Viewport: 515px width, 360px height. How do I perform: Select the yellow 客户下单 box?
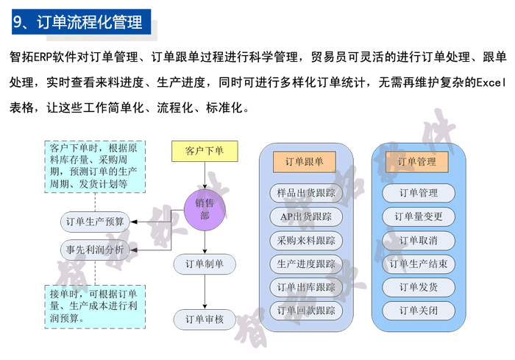205,151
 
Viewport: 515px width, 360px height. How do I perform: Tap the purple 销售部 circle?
205,209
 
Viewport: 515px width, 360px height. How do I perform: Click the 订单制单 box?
205,264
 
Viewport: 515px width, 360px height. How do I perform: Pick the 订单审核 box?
205,320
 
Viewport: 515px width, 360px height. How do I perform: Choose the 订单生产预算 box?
95,221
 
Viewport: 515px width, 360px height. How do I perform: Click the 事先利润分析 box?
95,250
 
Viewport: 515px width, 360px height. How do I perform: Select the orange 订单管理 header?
417,161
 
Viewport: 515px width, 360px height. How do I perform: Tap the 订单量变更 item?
418,216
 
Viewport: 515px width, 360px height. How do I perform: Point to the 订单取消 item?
418,240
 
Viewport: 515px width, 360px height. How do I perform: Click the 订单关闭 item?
418,311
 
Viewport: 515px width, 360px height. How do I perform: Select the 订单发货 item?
418,287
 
